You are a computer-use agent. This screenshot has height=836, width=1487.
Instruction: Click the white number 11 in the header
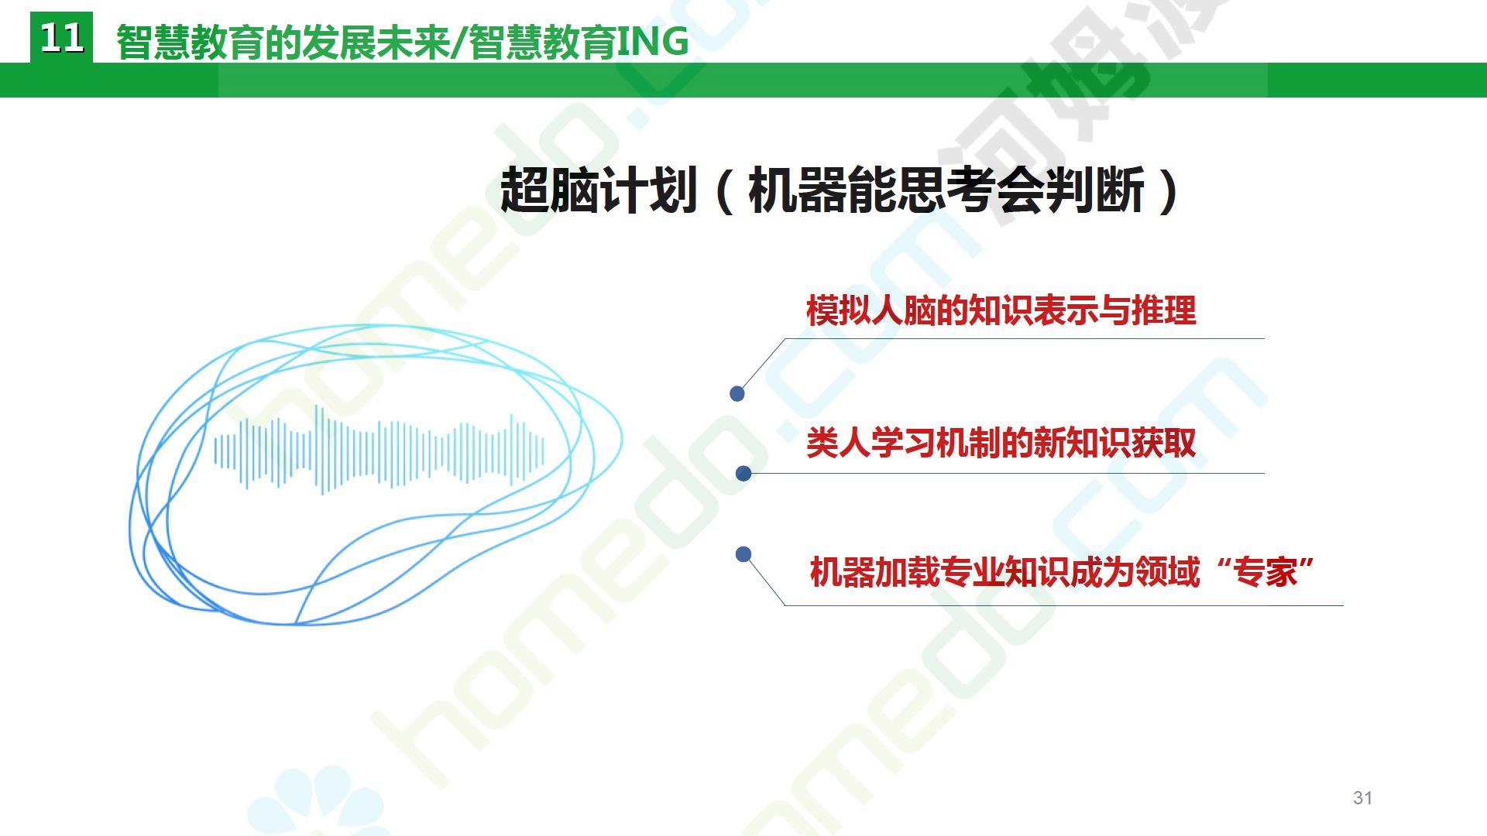61,37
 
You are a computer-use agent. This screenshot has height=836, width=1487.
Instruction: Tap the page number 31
1363,798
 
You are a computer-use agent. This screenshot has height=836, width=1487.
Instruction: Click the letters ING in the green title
652,42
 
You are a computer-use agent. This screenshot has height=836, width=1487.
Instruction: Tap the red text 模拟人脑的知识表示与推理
1001,310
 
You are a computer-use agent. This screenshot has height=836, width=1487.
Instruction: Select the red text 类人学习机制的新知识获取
1001,443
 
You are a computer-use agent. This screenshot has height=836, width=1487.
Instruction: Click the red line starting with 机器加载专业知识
1062,572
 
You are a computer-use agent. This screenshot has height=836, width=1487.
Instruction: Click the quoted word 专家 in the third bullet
1266,572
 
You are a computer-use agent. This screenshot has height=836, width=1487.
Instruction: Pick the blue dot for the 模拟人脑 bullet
737,394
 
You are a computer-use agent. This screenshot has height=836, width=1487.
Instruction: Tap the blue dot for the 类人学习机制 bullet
743,473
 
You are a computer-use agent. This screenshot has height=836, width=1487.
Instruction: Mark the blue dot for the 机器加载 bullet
743,554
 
